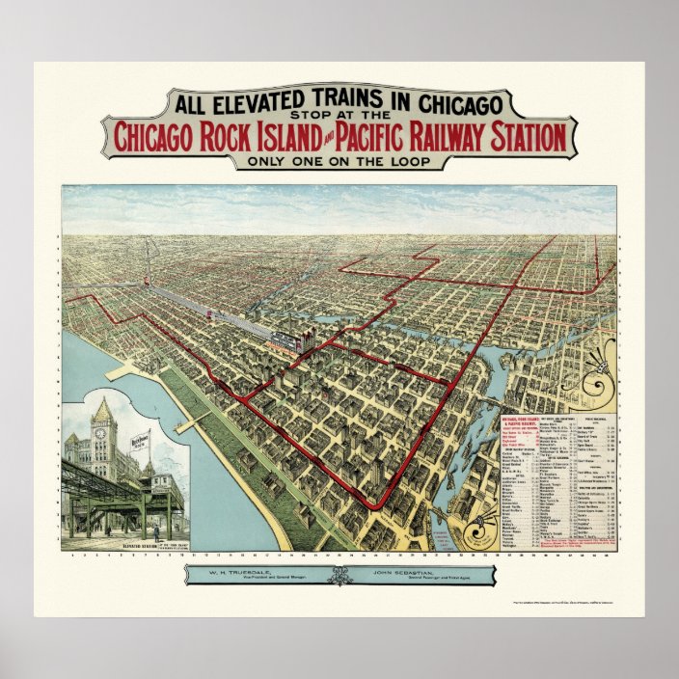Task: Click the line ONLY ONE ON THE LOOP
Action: (339, 161)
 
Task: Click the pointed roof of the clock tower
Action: (103, 404)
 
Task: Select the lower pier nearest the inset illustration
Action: (194, 421)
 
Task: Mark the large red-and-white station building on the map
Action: (286, 341)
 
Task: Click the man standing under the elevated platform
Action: (155, 531)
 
